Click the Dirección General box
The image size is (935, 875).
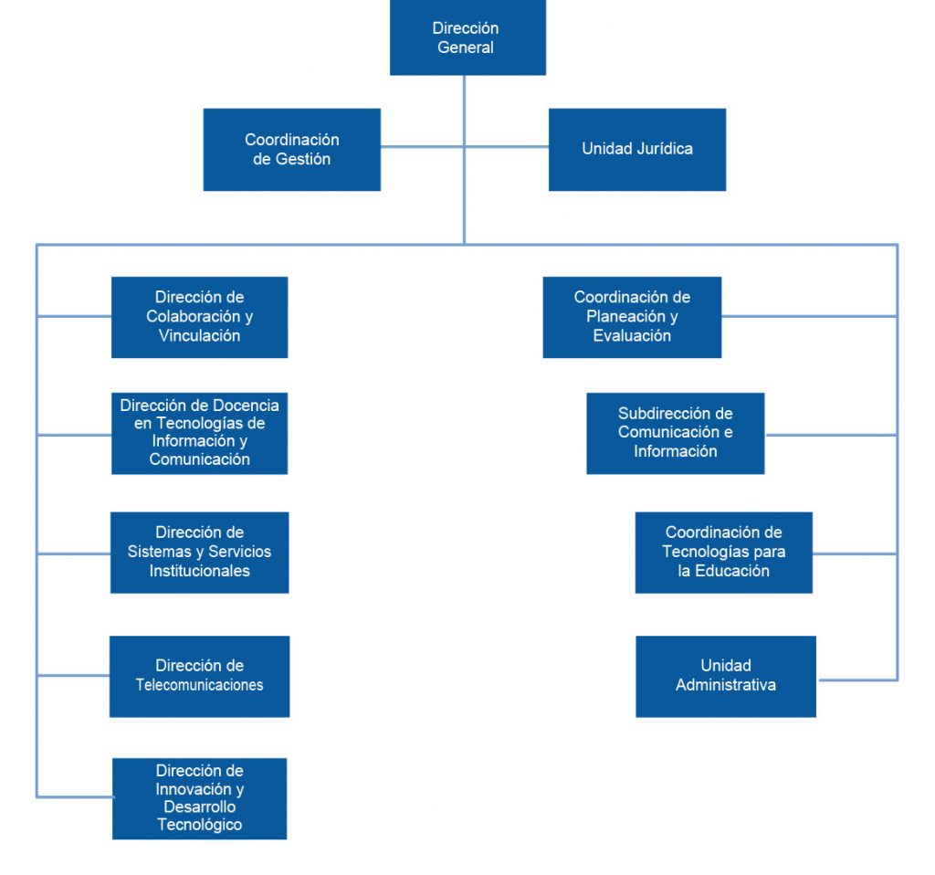(467, 37)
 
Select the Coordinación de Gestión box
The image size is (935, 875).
(291, 150)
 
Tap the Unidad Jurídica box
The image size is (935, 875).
(636, 150)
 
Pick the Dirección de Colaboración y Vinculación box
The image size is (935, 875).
(199, 317)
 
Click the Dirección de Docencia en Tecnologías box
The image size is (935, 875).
(199, 432)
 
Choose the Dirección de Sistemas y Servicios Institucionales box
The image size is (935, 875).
(199, 552)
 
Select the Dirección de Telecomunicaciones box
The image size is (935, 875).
(199, 676)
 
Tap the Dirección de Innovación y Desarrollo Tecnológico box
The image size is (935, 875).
(199, 798)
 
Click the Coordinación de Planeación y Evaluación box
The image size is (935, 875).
(632, 317)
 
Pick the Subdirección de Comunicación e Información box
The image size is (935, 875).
(675, 433)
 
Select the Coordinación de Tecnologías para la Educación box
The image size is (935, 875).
(723, 552)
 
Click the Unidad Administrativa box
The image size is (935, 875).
(725, 676)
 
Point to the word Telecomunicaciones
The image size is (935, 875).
(199, 685)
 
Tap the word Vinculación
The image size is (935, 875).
(199, 336)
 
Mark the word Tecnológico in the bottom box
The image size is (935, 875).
(199, 825)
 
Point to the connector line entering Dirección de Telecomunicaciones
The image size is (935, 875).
(73, 676)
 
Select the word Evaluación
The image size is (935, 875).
(632, 336)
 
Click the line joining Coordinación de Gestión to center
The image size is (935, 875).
(422, 145)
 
